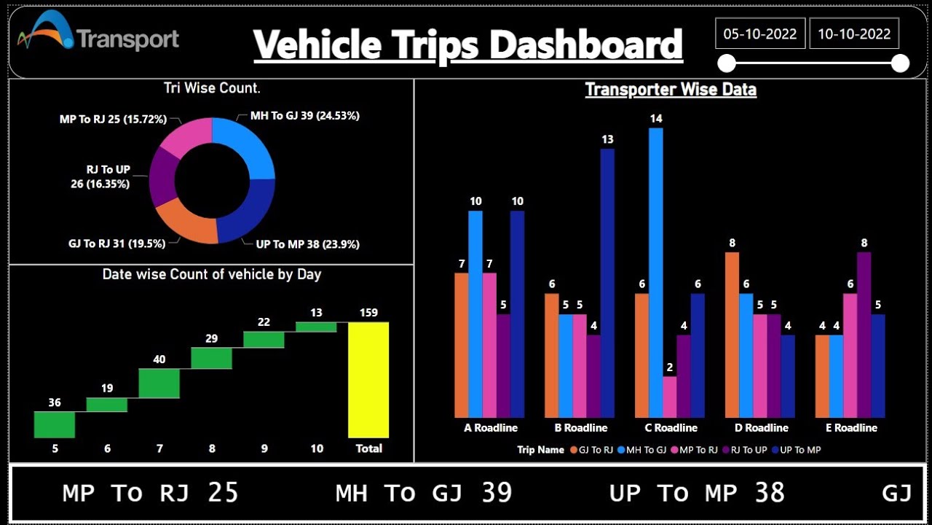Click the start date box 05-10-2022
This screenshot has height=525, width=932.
760,34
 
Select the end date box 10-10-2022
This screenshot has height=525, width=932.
854,34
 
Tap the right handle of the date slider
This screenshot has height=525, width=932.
900,63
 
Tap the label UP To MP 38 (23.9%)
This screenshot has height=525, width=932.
307,244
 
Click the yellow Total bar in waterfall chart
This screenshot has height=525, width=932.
368,379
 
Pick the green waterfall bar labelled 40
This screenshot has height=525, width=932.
159,383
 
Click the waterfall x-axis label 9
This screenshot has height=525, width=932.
264,448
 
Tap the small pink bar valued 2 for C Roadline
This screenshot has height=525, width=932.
670,397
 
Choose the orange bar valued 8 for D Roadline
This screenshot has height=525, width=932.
732,335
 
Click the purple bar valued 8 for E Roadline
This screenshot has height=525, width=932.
864,335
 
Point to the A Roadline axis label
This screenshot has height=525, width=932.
491,428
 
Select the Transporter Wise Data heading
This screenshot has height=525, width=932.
671,90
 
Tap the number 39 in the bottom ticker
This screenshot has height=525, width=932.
497,493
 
